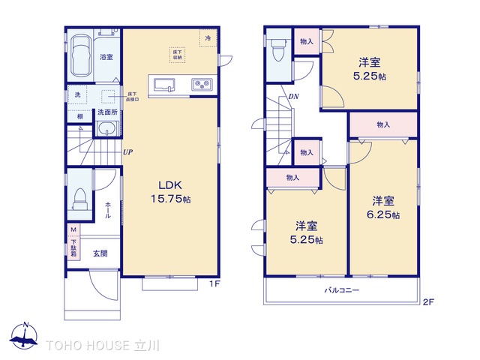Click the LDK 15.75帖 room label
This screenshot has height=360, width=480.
tap(172, 192)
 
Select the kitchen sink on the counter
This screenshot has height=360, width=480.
tap(164, 85)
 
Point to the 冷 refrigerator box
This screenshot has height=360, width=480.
tap(205, 37)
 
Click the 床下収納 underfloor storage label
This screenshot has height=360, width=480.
tap(178, 52)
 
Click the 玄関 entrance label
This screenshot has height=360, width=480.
tap(100, 253)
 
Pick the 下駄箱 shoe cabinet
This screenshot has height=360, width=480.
tap(73, 241)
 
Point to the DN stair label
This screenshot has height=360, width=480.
tap(294, 97)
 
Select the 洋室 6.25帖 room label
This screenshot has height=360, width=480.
tap(384, 207)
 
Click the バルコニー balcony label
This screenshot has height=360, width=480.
tap(342, 290)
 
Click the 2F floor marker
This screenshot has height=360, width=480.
tap(428, 302)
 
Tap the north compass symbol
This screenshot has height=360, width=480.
tap(25, 336)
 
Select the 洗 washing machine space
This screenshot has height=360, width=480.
tap(77, 95)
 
